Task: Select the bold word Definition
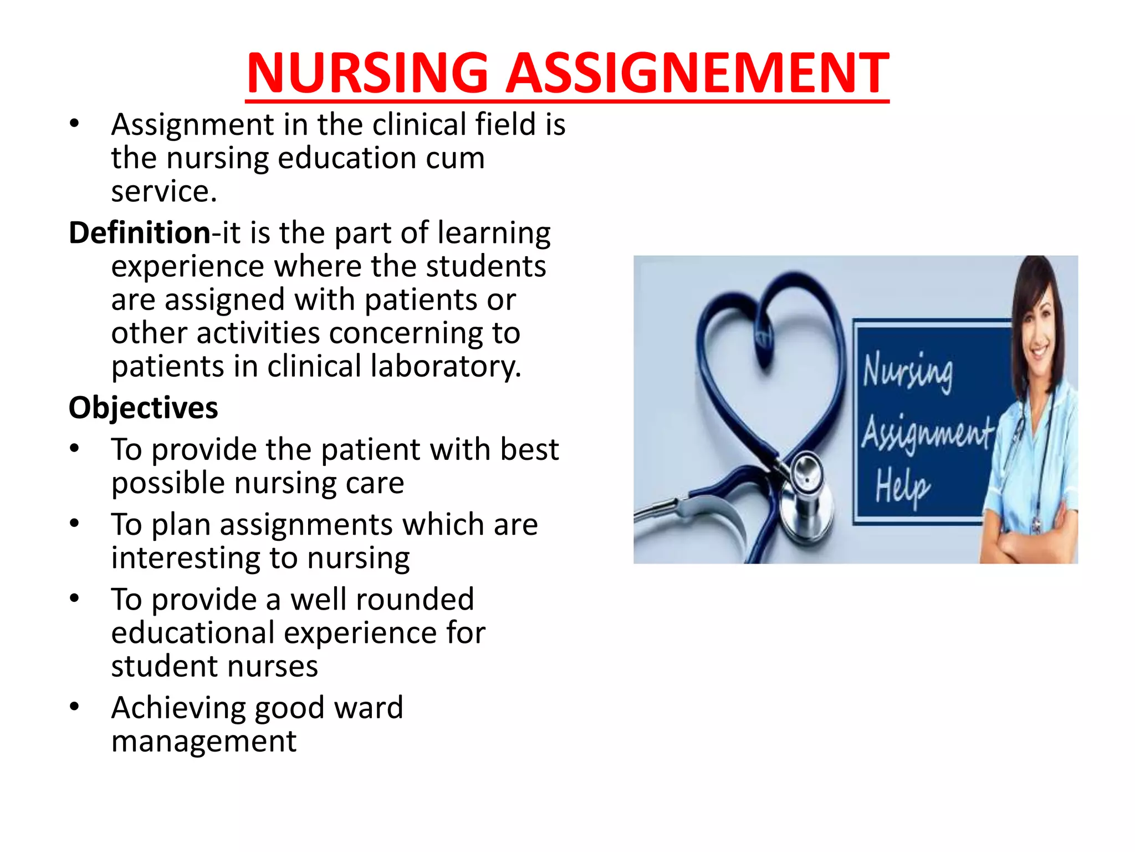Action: (x=139, y=232)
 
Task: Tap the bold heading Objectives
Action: (x=143, y=408)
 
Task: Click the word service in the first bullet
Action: (x=161, y=192)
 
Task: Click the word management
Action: (x=203, y=741)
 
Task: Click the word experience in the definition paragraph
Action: (x=187, y=266)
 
